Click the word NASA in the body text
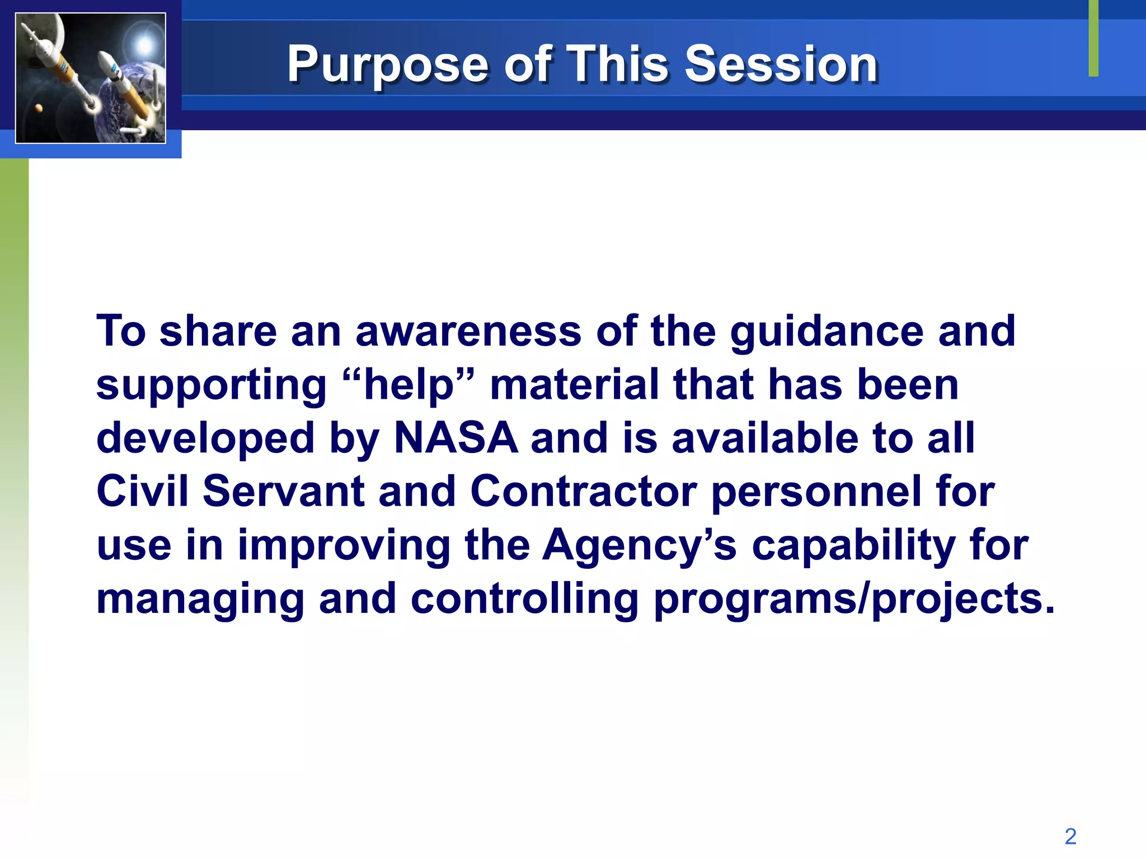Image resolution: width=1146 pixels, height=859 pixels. pos(456,438)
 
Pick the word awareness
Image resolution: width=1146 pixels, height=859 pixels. pos(468,331)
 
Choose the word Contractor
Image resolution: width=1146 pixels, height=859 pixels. pos(583,492)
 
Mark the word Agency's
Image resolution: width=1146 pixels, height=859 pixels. pos(640,546)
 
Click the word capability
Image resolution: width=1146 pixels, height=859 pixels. pos(853,546)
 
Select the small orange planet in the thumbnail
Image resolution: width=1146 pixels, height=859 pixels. pos(39,108)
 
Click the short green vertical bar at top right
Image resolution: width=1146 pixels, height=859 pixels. pos(1093,38)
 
